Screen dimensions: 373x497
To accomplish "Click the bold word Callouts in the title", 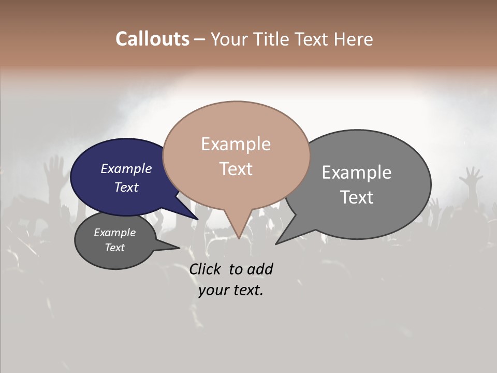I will tap(152, 39).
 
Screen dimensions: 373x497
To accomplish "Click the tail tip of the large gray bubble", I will tap(277, 243).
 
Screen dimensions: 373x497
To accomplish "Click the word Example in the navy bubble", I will tap(126, 168).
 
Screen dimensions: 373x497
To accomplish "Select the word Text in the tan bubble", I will tap(236, 169).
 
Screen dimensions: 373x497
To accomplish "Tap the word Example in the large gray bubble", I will tap(357, 173).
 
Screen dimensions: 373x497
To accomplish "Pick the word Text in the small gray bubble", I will tap(115, 248).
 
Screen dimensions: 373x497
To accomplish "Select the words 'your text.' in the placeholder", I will tap(231, 291).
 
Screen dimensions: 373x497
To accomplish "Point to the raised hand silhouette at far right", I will tap(472, 176).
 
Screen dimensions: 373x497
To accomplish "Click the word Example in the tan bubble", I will tap(236, 144).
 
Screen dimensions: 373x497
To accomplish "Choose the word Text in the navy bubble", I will tap(126, 187).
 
